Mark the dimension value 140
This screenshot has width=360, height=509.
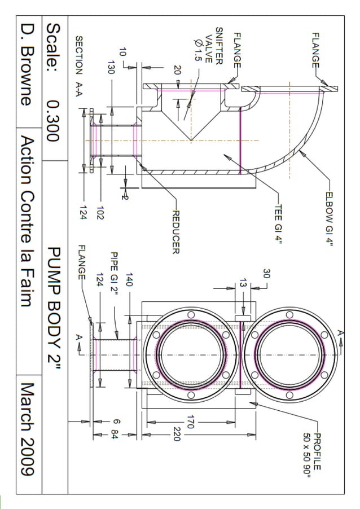[x=129, y=280]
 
